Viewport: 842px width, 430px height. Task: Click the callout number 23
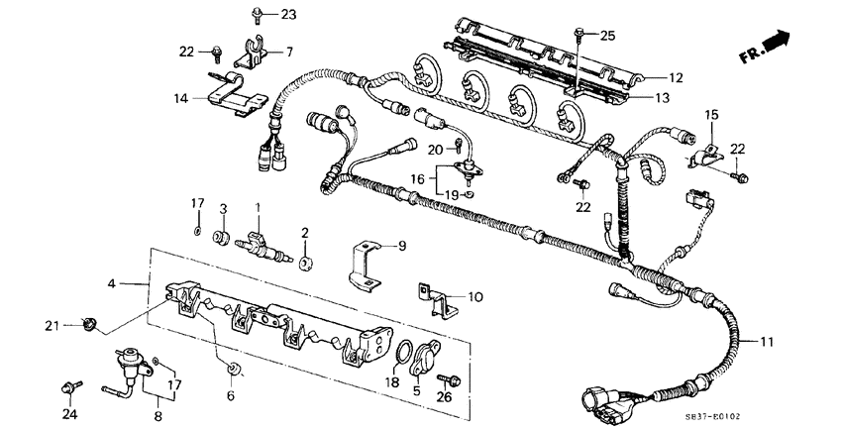261,14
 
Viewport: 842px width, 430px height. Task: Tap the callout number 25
606,36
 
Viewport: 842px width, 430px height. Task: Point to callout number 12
675,77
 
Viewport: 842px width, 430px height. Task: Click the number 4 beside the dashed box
112,283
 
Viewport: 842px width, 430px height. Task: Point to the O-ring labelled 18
404,354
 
